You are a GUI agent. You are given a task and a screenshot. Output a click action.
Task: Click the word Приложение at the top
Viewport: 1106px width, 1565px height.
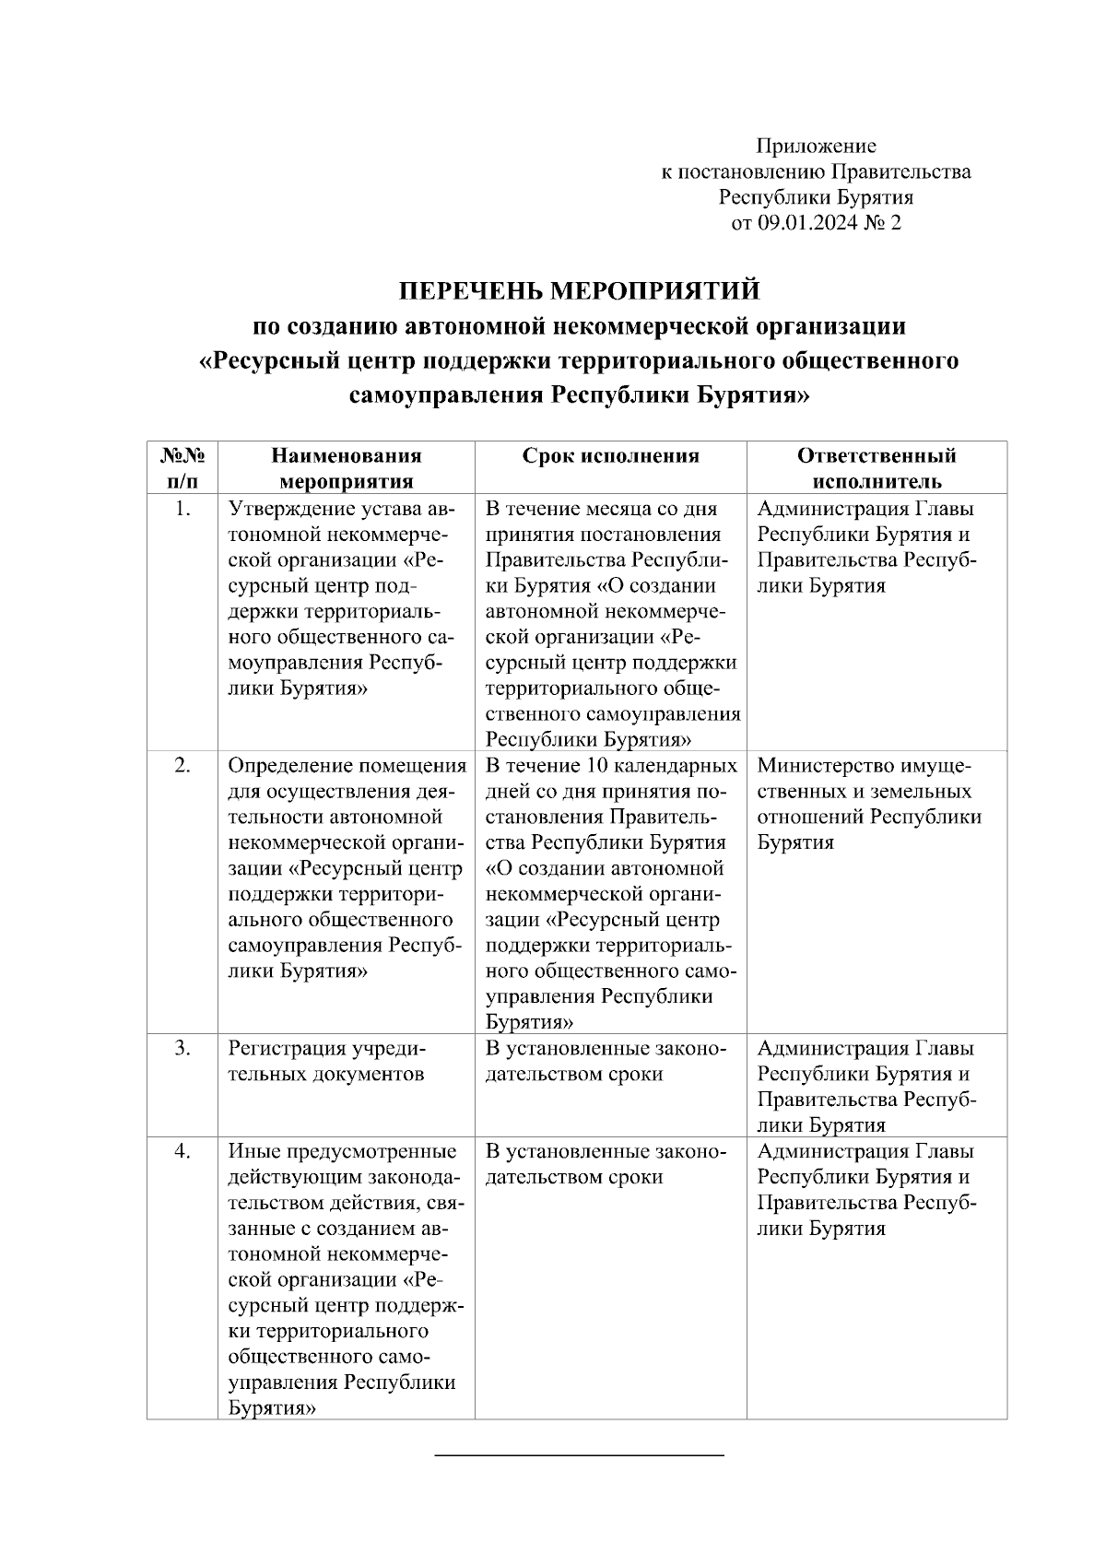[x=816, y=146]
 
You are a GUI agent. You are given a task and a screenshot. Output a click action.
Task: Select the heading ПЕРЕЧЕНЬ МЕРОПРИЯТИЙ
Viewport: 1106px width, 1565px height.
[x=579, y=291]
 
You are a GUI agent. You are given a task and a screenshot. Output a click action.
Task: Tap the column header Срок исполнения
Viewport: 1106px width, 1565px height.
[x=610, y=456]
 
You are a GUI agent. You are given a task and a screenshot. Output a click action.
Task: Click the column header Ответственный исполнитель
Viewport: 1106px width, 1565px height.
[x=876, y=468]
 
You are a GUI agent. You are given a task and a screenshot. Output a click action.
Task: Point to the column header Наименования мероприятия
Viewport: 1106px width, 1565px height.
[x=346, y=468]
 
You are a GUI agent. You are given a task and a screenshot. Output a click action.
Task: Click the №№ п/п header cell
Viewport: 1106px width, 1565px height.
[x=182, y=468]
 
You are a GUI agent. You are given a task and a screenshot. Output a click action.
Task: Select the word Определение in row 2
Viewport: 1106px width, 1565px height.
[x=289, y=766]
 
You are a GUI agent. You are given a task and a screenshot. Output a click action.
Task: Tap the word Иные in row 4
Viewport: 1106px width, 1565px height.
[x=249, y=1151]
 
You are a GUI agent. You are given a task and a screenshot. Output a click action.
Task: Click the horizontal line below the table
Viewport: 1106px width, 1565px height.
[x=579, y=1455]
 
